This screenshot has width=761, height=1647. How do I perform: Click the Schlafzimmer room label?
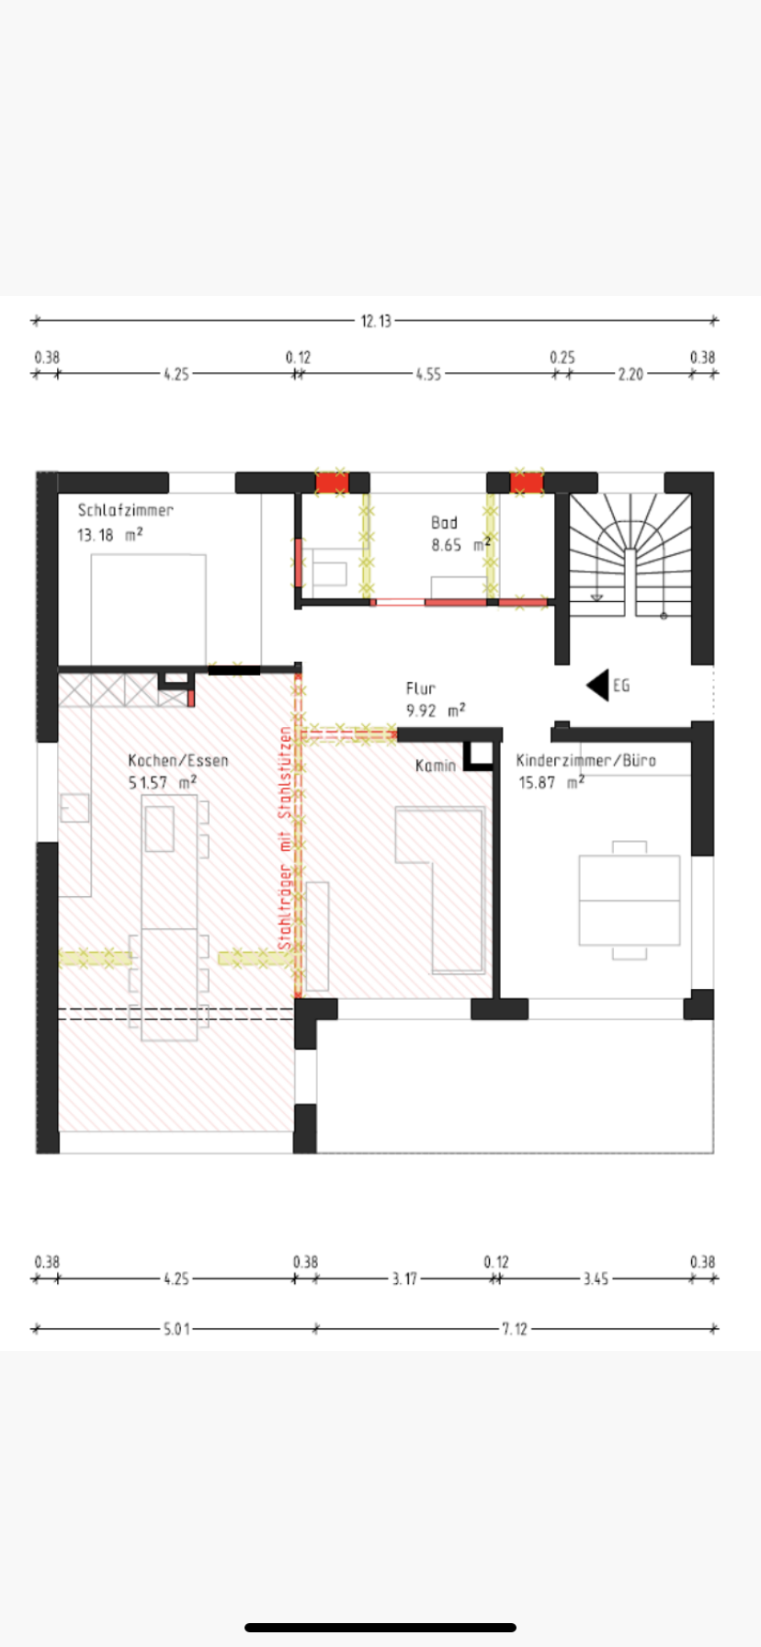pos(125,510)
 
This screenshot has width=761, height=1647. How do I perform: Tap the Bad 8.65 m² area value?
pos(461,545)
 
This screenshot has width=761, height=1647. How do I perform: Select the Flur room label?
pos(421,687)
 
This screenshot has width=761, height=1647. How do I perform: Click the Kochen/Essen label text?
pos(178,760)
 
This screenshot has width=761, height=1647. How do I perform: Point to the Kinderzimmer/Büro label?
pos(586,760)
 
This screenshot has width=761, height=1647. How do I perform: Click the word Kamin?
pos(436,766)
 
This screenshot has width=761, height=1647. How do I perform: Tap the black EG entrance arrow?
pos(597,685)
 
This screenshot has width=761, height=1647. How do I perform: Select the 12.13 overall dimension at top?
pos(376,321)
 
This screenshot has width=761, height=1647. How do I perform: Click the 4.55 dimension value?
pos(428,374)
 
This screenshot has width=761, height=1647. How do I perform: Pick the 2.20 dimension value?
pos(630,374)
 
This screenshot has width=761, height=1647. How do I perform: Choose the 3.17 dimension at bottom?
pos(404,1278)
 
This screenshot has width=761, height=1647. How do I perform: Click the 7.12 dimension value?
pos(515,1329)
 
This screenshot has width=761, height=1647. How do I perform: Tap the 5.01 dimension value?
pos(176,1329)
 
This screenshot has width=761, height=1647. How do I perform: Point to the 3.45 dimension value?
pos(596,1278)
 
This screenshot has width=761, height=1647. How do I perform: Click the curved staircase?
pos(630,555)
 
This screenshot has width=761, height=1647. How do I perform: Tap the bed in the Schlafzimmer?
pos(148,609)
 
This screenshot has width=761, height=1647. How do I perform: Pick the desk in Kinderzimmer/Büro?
pos(630,901)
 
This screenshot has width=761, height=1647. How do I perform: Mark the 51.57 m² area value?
pos(163,783)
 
